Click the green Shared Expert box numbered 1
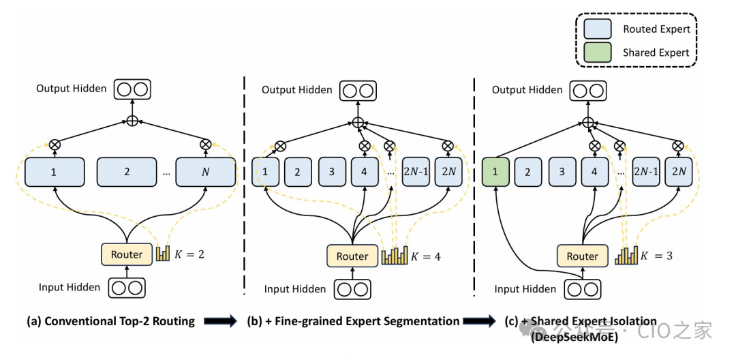pyautogui.click(x=495, y=172)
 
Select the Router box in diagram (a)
pyautogui.click(x=127, y=255)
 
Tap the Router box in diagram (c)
pyautogui.click(x=583, y=256)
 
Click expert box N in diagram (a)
pyautogui.click(x=205, y=172)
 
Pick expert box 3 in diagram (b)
pyautogui.click(x=332, y=172)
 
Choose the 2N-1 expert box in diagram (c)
pyautogui.click(x=645, y=172)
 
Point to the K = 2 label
pyautogui.click(x=190, y=255)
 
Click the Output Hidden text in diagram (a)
pyautogui.click(x=72, y=89)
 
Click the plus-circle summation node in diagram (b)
pyautogui.click(x=357, y=122)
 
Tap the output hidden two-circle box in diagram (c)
pyautogui.click(x=587, y=91)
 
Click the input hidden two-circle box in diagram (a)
pyautogui.click(x=127, y=288)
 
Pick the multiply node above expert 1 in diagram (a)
pyautogui.click(x=54, y=145)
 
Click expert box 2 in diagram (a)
pyautogui.click(x=127, y=172)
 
